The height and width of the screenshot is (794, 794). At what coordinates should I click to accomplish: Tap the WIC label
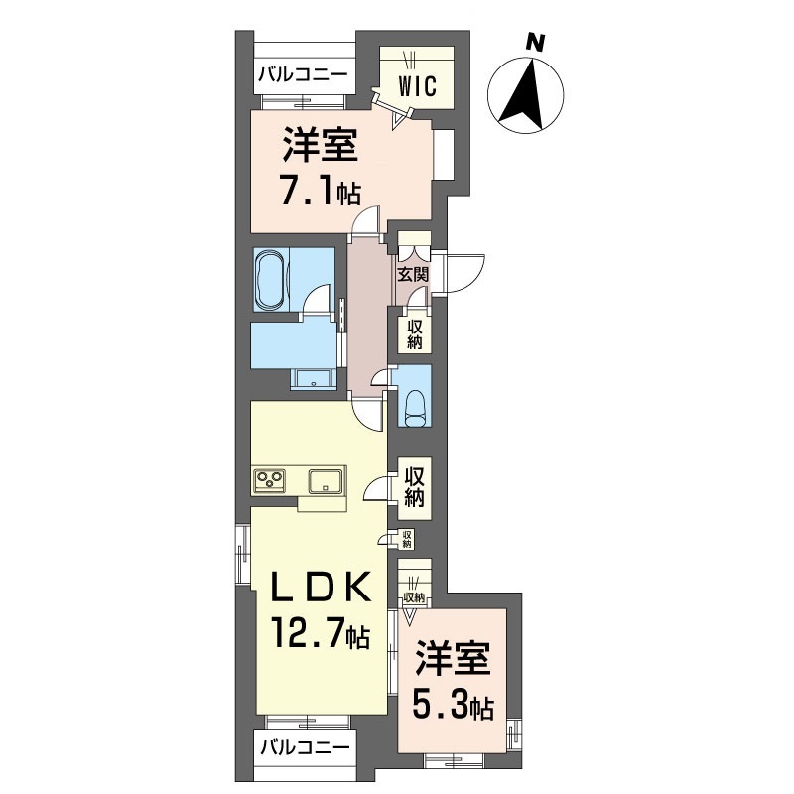(418, 86)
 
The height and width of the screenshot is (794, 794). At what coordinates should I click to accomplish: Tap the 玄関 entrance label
(412, 275)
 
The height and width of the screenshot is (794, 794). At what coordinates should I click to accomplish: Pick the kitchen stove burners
(270, 482)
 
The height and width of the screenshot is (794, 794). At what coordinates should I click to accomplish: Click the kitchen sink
(326, 482)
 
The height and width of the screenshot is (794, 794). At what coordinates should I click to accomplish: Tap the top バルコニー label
(303, 73)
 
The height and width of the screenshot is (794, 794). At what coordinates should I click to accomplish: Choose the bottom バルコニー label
(303, 747)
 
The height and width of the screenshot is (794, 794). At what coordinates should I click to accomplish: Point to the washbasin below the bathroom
(316, 379)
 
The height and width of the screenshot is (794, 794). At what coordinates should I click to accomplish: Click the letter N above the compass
(535, 42)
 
